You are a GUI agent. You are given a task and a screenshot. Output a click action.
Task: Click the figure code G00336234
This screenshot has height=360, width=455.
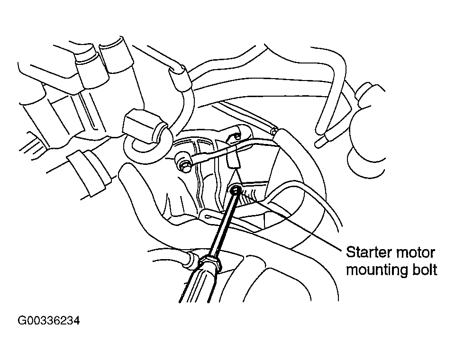(x=49, y=321)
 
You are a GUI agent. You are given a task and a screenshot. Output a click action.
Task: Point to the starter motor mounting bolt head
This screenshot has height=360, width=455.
(x=235, y=190)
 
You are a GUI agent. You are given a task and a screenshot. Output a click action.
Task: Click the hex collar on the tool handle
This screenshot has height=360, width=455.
(x=209, y=262)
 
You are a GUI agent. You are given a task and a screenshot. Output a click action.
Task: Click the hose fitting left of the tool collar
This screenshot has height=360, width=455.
(x=192, y=259)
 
